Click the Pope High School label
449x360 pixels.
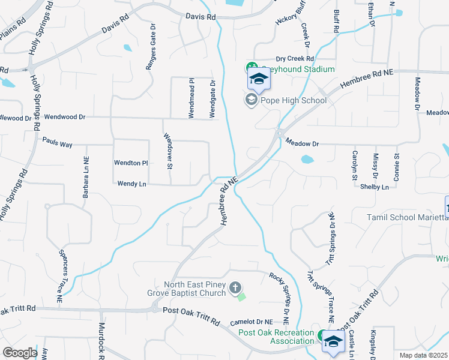point(292,100)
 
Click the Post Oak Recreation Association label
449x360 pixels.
point(276,337)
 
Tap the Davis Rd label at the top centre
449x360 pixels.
point(200,17)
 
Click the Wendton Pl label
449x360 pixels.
point(131,163)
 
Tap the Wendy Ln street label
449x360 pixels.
point(131,184)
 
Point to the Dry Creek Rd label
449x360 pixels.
point(295,59)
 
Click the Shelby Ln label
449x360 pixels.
point(374,187)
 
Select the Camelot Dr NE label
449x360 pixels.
point(255,323)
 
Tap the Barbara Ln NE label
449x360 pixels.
point(85,179)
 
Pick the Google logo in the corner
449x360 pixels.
point(20,353)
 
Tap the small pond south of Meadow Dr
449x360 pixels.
point(307,160)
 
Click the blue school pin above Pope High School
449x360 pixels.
point(259,79)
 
